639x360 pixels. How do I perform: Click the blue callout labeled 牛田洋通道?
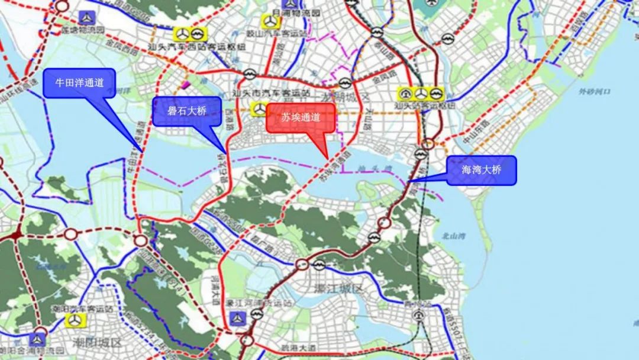79,83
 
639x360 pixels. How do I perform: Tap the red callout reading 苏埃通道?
302,118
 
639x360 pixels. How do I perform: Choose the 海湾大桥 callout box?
481,170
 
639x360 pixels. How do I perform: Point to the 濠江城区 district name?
339,289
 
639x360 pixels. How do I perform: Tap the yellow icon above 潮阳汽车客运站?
75,320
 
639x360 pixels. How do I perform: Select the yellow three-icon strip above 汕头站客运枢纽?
421,94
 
